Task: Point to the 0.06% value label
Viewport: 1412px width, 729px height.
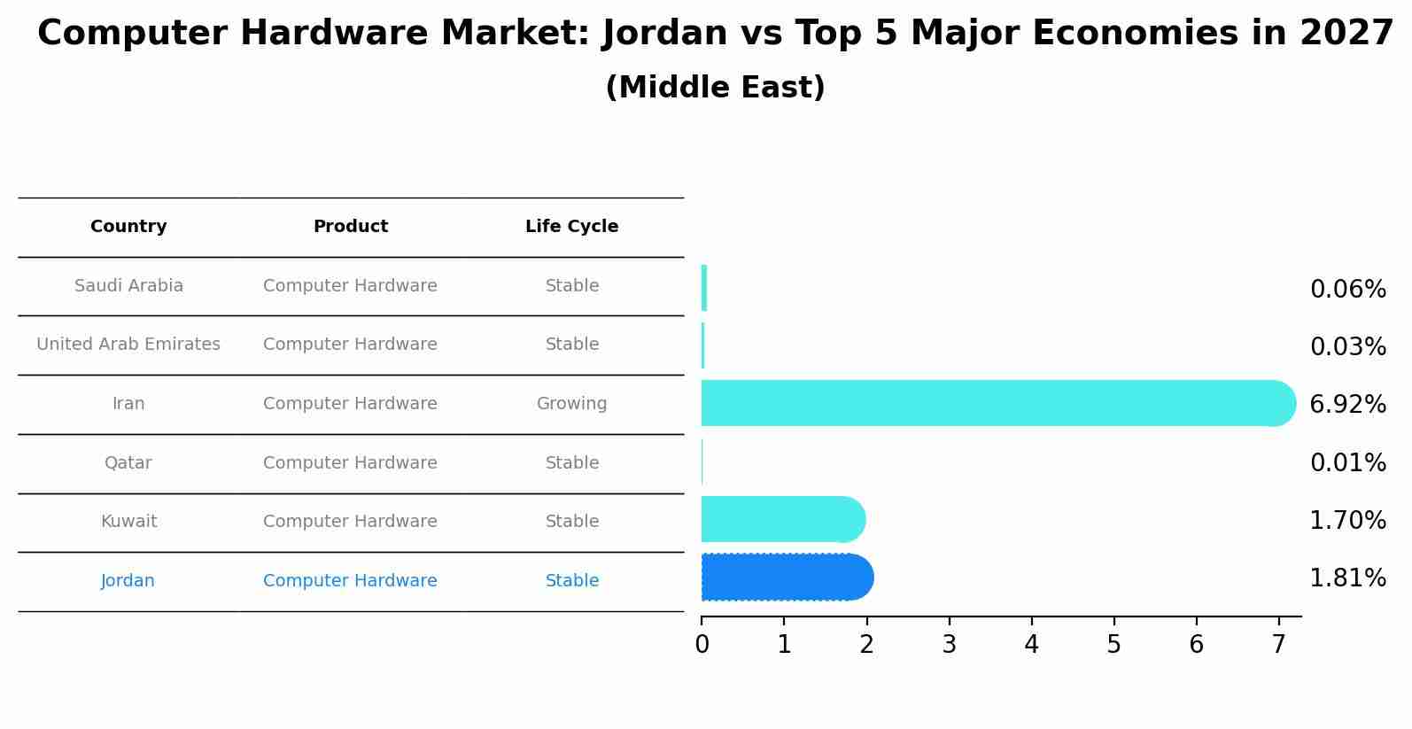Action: tap(1347, 290)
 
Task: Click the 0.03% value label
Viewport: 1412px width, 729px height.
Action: tap(1347, 347)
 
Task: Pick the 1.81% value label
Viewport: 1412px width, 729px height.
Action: tap(1347, 578)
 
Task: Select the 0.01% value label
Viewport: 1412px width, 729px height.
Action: tap(1347, 463)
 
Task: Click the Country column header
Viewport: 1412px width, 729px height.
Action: tap(128, 227)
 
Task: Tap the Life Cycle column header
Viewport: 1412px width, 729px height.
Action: tap(571, 227)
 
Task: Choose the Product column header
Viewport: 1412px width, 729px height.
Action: tap(350, 227)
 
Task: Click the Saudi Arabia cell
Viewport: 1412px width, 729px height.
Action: tap(128, 286)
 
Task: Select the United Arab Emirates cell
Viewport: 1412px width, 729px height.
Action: tap(128, 345)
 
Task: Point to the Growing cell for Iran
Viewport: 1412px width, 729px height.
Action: tap(571, 404)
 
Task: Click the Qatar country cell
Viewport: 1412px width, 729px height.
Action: tap(128, 463)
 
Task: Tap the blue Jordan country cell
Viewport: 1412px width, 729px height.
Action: tap(128, 581)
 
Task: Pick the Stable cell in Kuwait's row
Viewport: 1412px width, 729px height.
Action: tap(571, 522)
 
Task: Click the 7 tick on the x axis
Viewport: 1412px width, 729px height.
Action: tap(1278, 645)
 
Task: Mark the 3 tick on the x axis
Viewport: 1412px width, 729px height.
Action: tap(949, 645)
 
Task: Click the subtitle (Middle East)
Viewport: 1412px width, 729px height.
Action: tap(715, 88)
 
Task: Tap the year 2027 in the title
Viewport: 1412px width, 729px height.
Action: tap(1346, 34)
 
